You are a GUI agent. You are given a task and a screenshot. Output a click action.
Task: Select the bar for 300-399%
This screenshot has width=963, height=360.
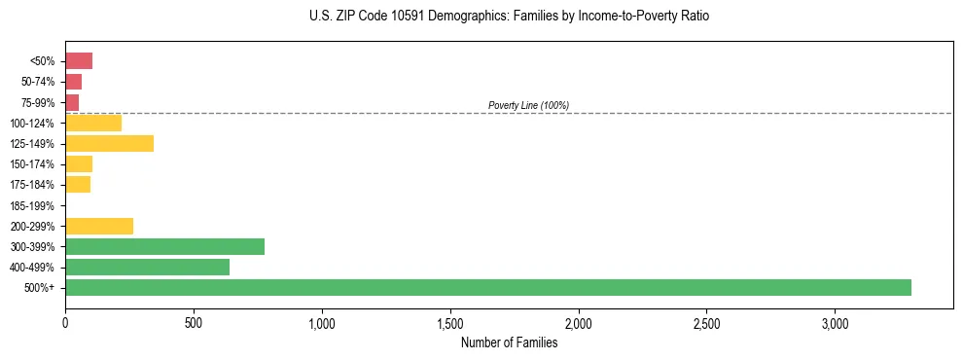pos(164,246)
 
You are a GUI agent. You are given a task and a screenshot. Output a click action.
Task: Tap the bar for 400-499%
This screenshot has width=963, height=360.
pos(147,267)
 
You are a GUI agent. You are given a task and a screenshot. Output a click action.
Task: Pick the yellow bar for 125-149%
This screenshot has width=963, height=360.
pos(109,144)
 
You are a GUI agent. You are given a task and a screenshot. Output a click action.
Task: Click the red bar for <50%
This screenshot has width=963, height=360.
pos(79,61)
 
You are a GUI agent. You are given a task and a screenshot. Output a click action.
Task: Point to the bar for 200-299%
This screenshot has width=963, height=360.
pos(99,226)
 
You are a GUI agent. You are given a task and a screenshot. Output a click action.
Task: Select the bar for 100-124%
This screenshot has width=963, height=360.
pos(93,123)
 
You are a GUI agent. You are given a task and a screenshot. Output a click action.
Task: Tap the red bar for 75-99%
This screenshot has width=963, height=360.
pos(72,102)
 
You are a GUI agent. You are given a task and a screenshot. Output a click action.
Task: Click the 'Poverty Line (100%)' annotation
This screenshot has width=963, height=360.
pos(528,105)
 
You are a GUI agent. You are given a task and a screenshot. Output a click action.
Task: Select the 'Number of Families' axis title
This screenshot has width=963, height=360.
pos(509,342)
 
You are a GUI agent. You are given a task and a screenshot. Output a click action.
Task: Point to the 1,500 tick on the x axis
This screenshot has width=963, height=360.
pos(450,322)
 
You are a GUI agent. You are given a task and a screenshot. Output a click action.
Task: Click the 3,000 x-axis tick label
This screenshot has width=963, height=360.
pos(836,322)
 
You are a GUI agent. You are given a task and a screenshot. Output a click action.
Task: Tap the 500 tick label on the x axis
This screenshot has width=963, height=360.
pos(194,322)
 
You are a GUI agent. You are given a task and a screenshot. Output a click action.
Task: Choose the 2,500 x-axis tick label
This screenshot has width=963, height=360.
pos(707,322)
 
